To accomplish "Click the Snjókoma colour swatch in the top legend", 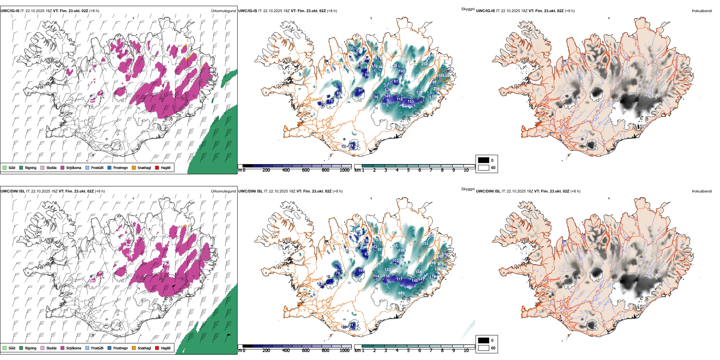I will [63, 168].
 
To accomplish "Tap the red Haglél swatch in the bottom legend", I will [157, 348].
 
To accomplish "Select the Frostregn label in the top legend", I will [120, 168].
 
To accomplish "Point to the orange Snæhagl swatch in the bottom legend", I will [134, 348].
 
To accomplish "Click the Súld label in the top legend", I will [12, 168].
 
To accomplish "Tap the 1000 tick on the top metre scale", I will [344, 170].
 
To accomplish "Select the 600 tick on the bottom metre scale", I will [306, 351].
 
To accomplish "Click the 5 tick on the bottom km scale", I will [409, 351].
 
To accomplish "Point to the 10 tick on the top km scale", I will [466, 170].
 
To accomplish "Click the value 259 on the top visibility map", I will [424, 64].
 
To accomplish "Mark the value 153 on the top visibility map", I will [411, 102].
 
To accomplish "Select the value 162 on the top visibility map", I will [402, 71].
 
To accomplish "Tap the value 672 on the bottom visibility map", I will [402, 293].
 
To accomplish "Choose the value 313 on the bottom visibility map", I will [425, 244].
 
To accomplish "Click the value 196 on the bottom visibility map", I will [402, 250].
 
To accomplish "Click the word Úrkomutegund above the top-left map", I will [223, 11].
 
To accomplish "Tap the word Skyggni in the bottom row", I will [468, 189].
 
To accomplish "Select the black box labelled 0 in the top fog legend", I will [484, 160].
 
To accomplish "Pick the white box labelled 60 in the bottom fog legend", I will [484, 348].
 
